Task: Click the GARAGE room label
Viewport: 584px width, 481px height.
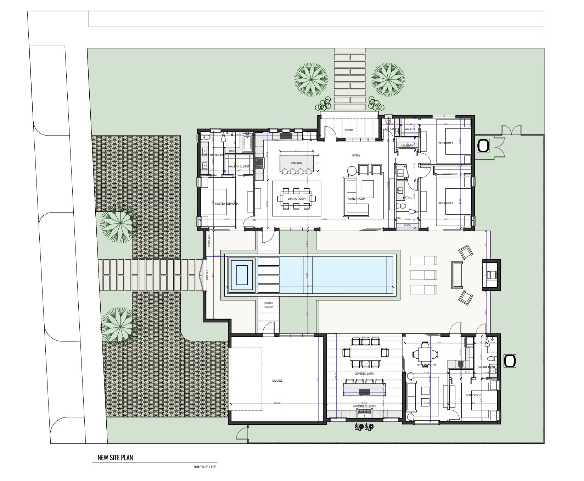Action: (x=277, y=381)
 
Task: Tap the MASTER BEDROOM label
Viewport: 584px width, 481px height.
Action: (x=226, y=204)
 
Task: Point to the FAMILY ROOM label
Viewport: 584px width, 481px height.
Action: (x=356, y=199)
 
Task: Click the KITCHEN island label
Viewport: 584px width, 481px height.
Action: (x=297, y=163)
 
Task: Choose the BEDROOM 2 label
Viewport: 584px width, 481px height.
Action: (x=445, y=203)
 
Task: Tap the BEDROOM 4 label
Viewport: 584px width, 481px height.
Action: (x=473, y=395)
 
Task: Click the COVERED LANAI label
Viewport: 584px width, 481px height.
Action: (x=364, y=374)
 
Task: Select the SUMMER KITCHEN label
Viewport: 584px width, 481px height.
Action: (x=364, y=406)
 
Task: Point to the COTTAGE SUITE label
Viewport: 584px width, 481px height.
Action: (x=426, y=365)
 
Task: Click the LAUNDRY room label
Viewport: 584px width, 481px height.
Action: (x=407, y=145)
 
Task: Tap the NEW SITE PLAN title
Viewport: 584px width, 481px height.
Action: (x=115, y=458)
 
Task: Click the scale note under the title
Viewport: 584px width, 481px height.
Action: (x=205, y=467)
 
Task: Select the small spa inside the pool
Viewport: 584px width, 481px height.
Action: (x=242, y=275)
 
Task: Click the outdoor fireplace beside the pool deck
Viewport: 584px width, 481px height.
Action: (x=491, y=275)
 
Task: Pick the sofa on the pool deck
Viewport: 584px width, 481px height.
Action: (x=457, y=275)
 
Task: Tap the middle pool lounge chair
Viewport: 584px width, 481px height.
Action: (x=423, y=275)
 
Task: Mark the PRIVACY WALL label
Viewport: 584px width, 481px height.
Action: (x=209, y=240)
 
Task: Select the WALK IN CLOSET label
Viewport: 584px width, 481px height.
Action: (x=238, y=166)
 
